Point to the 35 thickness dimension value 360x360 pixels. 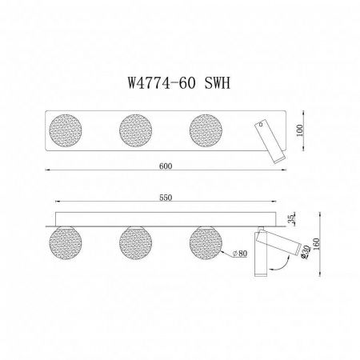click(294, 217)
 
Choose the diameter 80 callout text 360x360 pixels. click(238, 254)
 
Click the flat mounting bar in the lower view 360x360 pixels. click(168, 218)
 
